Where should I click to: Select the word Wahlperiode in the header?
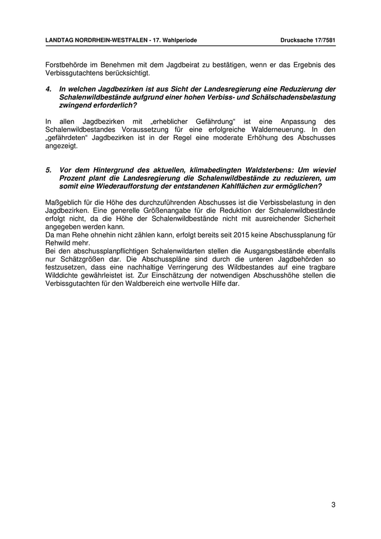(179, 40)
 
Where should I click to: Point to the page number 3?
(333, 505)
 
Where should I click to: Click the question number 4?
(48, 89)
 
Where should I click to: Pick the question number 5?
(48, 170)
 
